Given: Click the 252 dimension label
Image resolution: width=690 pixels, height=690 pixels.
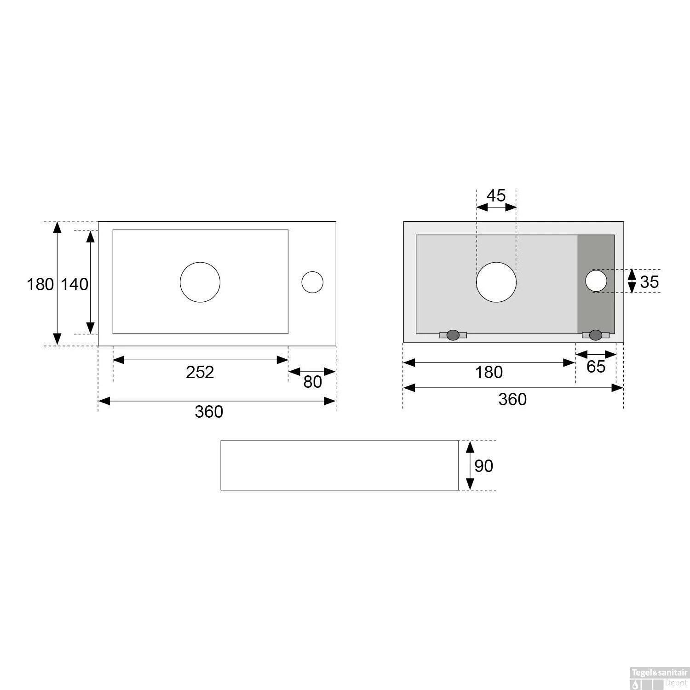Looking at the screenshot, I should point(200,372).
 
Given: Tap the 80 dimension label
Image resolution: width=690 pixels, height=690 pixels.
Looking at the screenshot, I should point(312,382).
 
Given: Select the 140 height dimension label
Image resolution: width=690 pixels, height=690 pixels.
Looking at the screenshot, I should point(75,284).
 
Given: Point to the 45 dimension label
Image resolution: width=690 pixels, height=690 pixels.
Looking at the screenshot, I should point(496,196).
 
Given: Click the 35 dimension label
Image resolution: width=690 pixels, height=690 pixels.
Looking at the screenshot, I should point(649,282).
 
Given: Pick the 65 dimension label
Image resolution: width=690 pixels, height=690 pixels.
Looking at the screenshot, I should point(596,367).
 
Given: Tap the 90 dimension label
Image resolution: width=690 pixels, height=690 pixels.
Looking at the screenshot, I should point(483,466).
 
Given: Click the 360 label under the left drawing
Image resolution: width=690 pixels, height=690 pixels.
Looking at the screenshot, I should point(209,412).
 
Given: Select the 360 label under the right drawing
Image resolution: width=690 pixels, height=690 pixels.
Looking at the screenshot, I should point(512,399).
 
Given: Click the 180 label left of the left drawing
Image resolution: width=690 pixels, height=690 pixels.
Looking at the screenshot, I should point(40,284).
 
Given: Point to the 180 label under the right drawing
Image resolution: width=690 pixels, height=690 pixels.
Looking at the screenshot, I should point(489,372).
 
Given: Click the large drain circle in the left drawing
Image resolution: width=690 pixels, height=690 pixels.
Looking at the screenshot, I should point(200,282).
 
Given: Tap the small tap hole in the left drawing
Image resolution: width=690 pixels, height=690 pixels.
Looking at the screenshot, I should point(312,282).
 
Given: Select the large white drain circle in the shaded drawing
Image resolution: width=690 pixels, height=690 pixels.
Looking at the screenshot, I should point(496,282).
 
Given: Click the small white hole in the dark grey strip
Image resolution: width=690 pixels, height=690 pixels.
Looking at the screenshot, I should point(596,281).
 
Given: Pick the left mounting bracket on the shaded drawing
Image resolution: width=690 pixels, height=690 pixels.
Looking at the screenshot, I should point(453,335).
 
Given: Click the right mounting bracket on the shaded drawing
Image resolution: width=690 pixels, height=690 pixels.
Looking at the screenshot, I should point(595,335).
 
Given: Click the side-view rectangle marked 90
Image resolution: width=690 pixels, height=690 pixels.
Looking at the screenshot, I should point(339,466).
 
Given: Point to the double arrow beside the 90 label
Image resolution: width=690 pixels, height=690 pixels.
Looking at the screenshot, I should point(470,466).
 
